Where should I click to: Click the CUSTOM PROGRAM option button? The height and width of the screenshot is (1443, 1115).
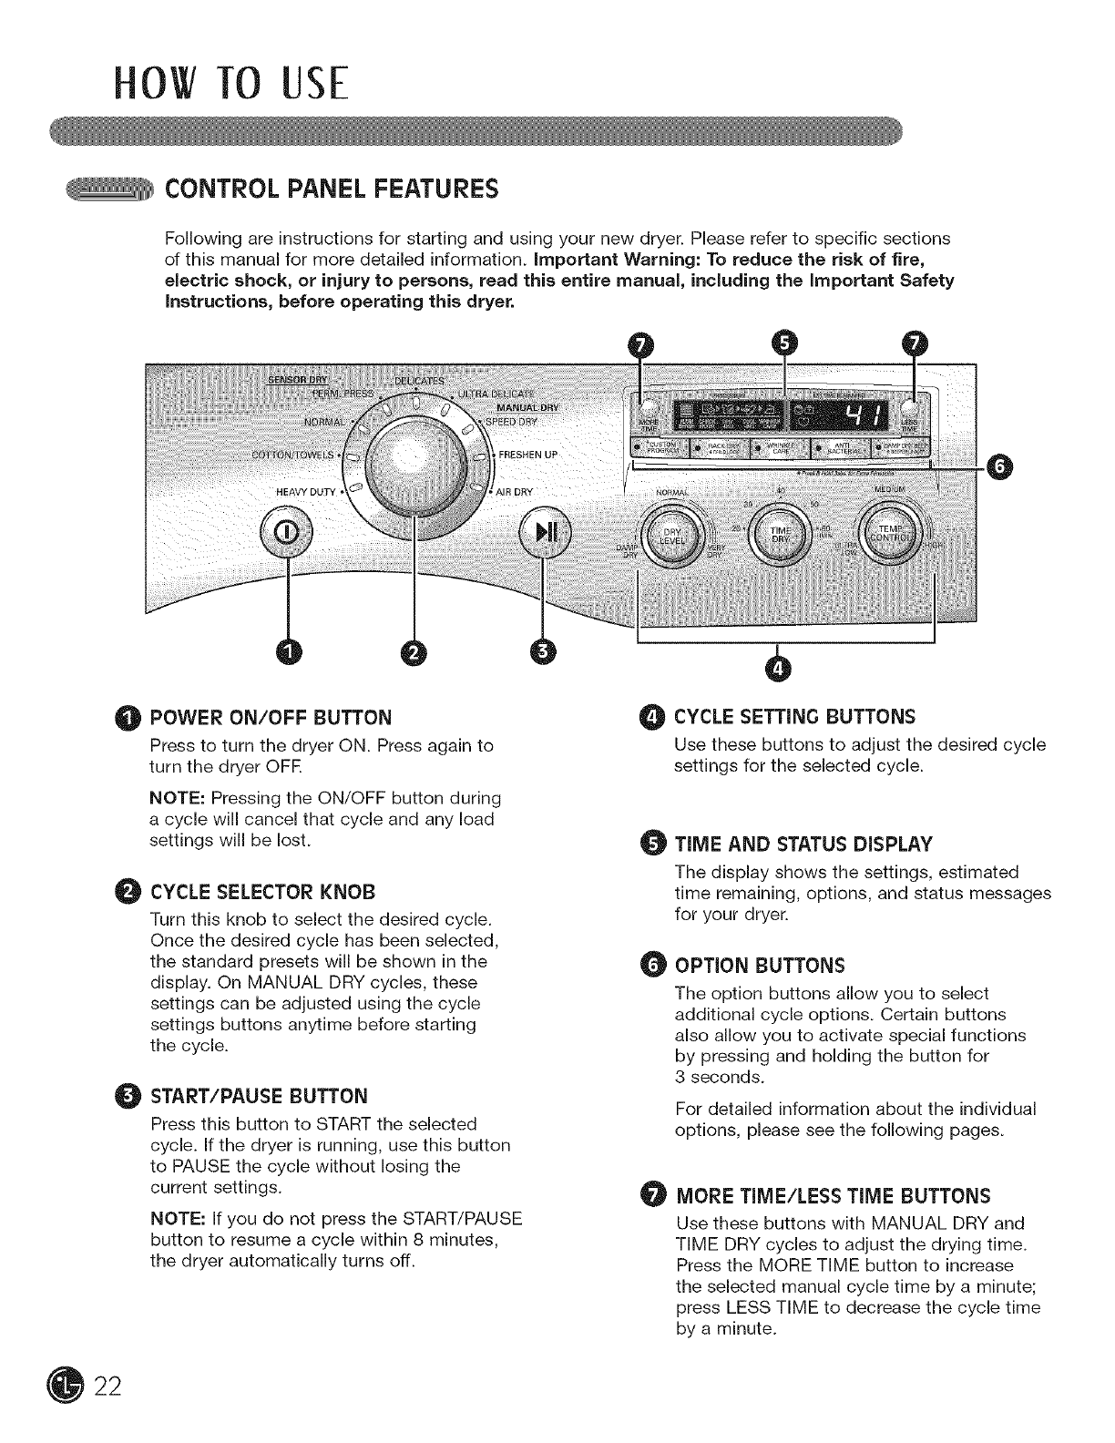pyautogui.click(x=659, y=449)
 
